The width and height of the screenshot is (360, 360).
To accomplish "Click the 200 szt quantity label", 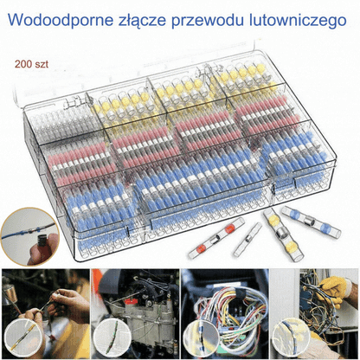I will coord(31,64).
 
